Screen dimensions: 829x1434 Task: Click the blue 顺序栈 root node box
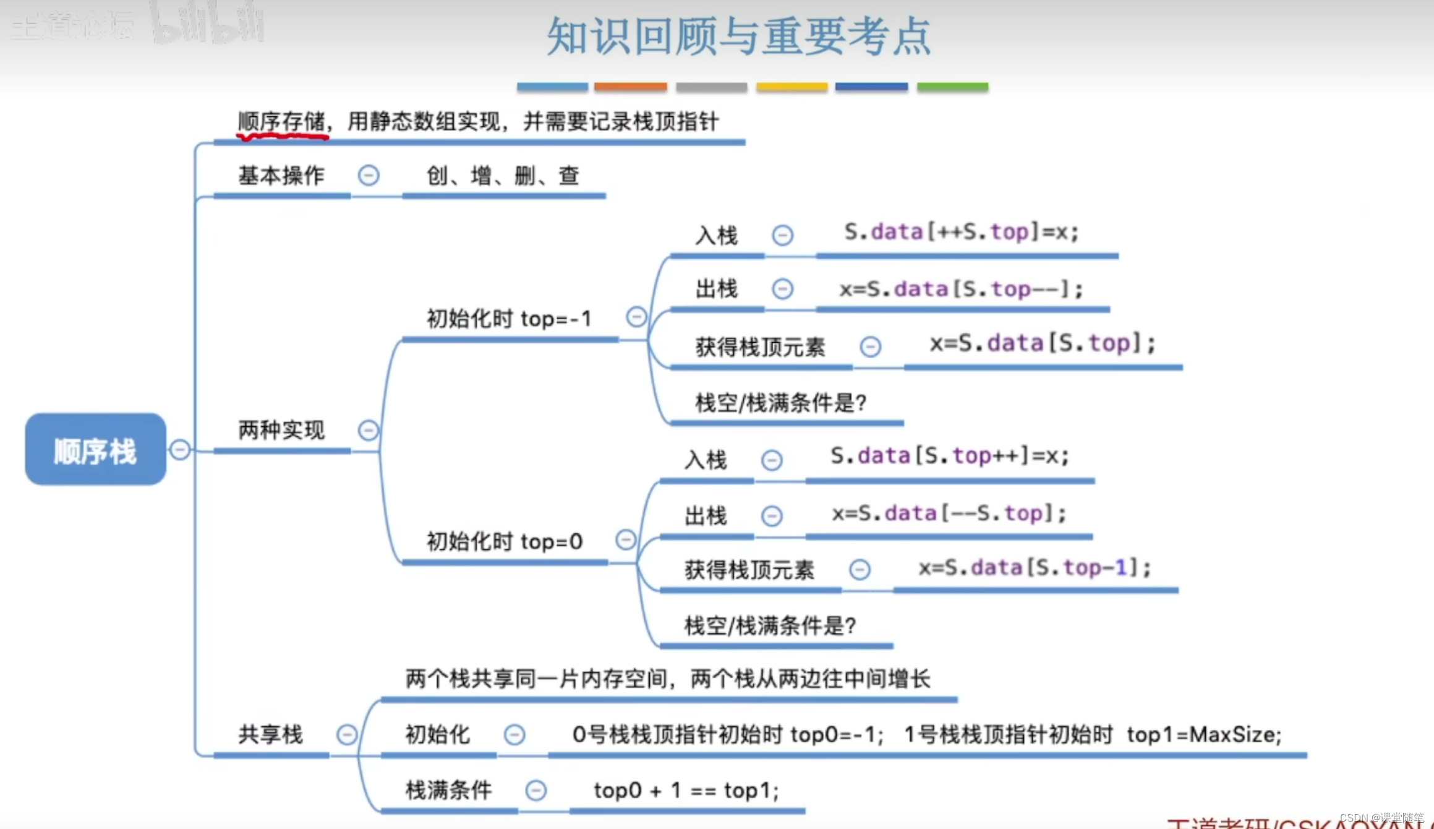95,450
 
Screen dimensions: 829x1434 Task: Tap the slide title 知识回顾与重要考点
739,36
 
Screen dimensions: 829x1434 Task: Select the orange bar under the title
630,87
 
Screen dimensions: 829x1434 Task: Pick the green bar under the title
952,87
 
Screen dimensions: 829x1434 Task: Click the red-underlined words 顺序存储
282,121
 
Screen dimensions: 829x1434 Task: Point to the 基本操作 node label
281,176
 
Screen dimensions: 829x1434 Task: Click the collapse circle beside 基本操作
369,176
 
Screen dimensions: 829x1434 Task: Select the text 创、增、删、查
503,176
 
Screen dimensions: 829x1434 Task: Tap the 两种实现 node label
281,430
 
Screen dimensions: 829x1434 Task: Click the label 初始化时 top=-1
509,319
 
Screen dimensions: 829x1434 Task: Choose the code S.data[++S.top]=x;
962,232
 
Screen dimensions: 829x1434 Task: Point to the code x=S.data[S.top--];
961,289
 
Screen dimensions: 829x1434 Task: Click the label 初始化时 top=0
504,541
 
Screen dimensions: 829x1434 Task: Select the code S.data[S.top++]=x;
950,456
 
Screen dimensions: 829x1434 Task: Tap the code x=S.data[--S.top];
949,513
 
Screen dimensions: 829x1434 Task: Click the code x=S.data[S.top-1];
1035,567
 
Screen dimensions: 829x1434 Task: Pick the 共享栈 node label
270,734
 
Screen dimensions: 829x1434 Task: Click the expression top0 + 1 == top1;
686,790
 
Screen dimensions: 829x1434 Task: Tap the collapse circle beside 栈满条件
536,790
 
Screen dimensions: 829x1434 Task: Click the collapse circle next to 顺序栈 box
180,449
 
